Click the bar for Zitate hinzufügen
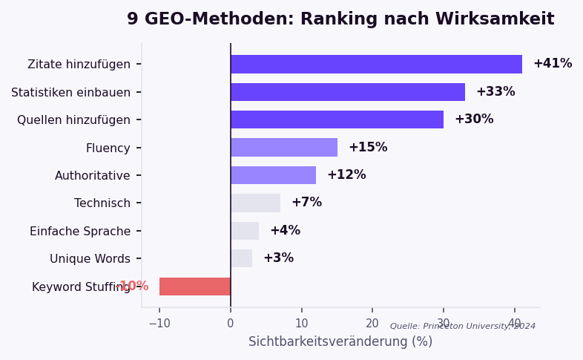pyautogui.click(x=376, y=64)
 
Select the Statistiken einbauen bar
pyautogui.click(x=348, y=92)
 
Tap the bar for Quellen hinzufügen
pyautogui.click(x=337, y=120)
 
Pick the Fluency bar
pyautogui.click(x=284, y=147)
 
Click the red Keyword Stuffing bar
pyautogui.click(x=195, y=287)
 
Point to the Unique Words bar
pyautogui.click(x=241, y=258)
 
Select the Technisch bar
pyautogui.click(x=255, y=203)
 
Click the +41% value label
pyautogui.click(x=553, y=64)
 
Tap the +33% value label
pyautogui.click(x=495, y=92)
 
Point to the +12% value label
pyautogui.click(x=346, y=175)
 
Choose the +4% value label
pyautogui.click(x=285, y=231)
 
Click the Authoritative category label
pyautogui.click(x=92, y=176)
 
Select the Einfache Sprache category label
pyautogui.click(x=80, y=232)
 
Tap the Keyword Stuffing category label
pyautogui.click(x=80, y=287)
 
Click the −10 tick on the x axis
pyautogui.click(x=159, y=324)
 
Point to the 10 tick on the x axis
pyautogui.click(x=301, y=324)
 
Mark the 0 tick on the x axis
pyautogui.click(x=231, y=324)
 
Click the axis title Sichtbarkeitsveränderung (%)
pyautogui.click(x=340, y=342)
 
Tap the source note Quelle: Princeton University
pyautogui.click(x=463, y=327)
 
